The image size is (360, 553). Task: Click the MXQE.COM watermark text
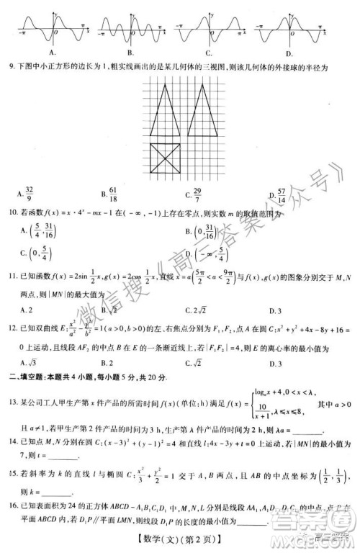pyautogui.click(x=323, y=536)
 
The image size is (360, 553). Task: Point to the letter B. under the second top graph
pyautogui.click(x=130, y=53)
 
